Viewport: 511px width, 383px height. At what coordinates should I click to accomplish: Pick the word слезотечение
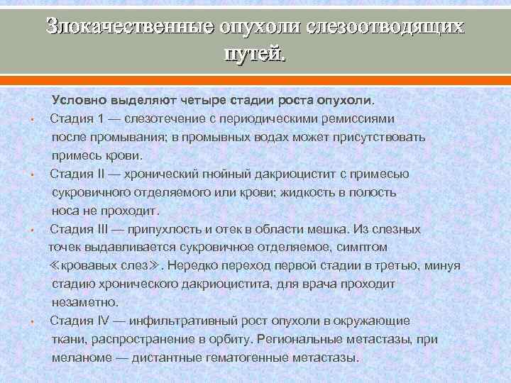[x=166, y=118]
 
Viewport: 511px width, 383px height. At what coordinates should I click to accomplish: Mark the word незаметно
[x=81, y=302]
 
